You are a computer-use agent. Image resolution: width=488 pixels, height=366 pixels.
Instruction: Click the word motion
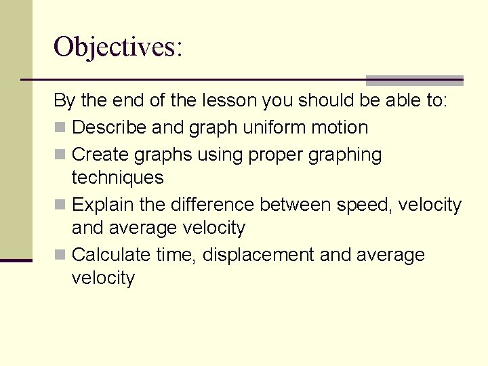[x=340, y=127]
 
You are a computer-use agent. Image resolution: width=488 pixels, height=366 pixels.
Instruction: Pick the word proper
[x=277, y=155]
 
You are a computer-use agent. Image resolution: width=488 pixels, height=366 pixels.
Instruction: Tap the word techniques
[x=117, y=178]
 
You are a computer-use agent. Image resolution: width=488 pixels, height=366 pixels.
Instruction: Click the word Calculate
[x=111, y=255]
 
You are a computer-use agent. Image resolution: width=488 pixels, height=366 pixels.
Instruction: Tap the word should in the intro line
[x=319, y=101]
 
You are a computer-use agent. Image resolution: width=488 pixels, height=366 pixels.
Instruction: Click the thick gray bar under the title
[x=414, y=80]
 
